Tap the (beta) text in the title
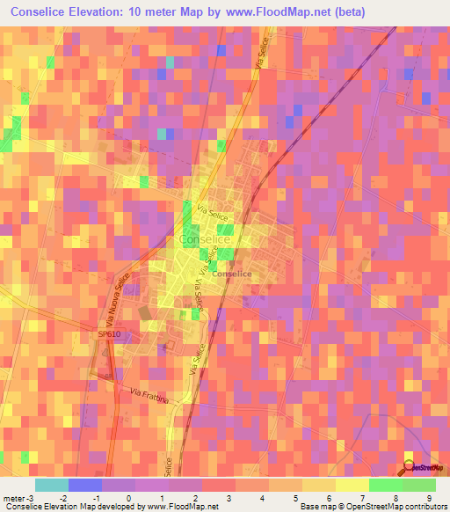(343, 11)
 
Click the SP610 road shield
(109, 335)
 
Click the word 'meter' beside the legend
(13, 498)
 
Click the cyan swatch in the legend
(52, 485)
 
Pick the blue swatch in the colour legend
(85, 485)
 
